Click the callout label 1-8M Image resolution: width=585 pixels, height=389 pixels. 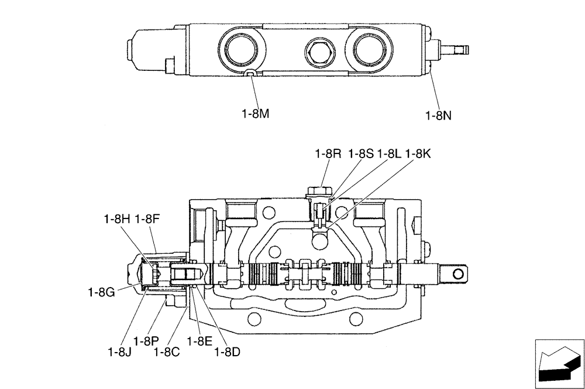[x=255, y=114]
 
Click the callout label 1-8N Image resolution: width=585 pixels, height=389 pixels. [x=439, y=115]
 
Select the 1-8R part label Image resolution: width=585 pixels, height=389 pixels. [x=328, y=154]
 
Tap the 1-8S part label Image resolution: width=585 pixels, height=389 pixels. [x=360, y=154]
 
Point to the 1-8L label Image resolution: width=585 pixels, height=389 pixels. [x=389, y=154]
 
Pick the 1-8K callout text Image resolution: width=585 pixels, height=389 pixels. [x=418, y=154]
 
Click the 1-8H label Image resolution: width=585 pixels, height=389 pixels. [x=116, y=219]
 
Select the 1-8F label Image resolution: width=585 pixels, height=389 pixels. [x=147, y=219]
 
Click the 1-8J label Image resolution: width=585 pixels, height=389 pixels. [x=120, y=352]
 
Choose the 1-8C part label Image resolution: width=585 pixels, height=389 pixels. [x=166, y=352]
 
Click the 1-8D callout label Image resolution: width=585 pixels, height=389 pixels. [x=228, y=352]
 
